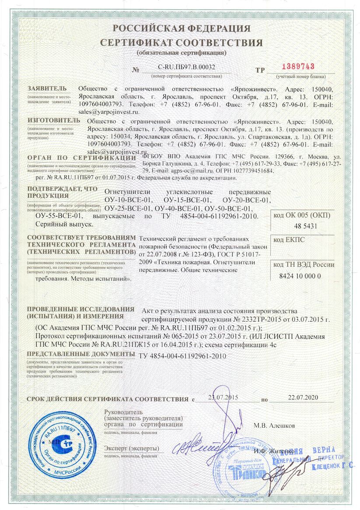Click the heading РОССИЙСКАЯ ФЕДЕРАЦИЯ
[182, 29]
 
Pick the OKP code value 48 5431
[302, 226]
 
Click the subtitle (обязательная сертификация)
[181, 53]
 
